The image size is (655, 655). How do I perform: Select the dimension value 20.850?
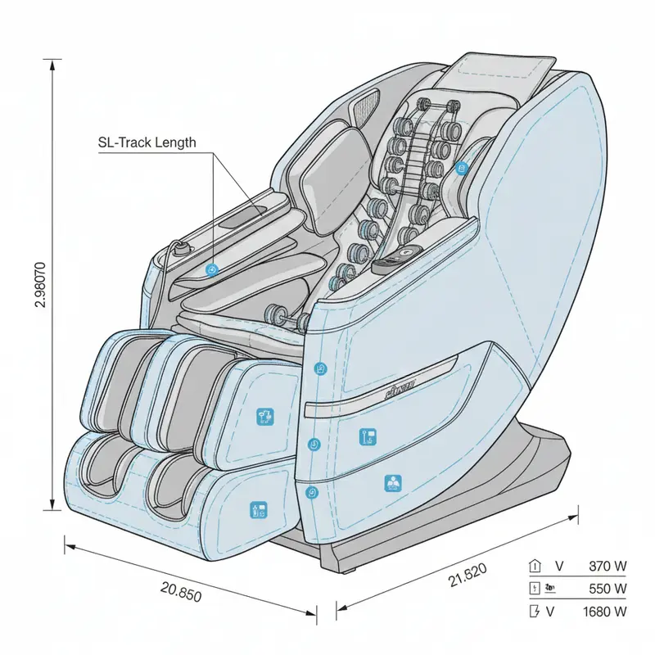181,592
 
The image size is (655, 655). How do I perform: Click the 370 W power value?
608,566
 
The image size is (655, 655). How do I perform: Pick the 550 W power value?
608,588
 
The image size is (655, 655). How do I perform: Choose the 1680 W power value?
604,611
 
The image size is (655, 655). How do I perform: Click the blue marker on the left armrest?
211,269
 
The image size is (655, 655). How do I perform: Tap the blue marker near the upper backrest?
462,169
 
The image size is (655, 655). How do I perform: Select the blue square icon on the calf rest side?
264,416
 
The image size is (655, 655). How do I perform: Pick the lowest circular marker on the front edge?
310,492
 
